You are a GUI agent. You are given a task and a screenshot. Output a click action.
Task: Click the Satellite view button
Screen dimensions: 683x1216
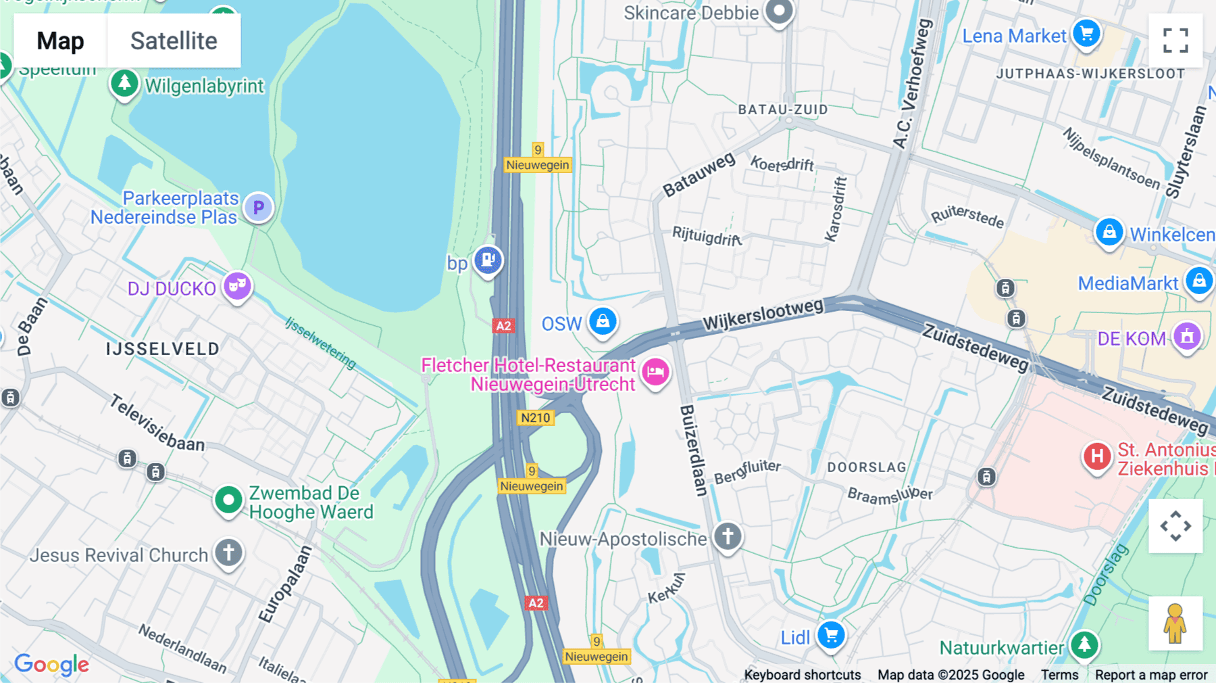174,41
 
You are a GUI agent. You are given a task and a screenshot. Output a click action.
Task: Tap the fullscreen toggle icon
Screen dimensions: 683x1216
1175,41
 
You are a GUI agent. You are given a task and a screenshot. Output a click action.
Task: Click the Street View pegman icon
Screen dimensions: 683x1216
1175,623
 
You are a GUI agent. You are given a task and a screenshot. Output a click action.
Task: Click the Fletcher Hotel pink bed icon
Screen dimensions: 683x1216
655,371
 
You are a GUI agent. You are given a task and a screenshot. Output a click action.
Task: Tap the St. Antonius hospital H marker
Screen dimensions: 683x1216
1097,456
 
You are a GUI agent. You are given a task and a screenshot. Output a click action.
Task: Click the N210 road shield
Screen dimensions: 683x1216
536,418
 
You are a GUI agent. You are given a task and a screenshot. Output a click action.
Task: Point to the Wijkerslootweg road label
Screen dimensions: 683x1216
763,314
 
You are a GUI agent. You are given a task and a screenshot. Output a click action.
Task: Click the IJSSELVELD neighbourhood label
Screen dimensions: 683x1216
163,349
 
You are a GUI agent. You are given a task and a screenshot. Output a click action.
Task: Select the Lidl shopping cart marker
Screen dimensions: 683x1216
831,635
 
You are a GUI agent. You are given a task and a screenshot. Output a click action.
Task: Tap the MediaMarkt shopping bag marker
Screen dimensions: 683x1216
1199,280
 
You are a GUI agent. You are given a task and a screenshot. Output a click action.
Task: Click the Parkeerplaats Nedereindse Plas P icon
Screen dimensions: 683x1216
258,208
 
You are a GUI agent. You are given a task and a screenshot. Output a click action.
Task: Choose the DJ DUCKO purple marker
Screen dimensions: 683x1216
237,286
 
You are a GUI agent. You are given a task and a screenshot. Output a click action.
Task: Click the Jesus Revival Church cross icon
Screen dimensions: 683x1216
228,552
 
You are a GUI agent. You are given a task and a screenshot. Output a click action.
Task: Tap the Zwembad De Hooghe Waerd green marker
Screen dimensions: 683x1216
228,500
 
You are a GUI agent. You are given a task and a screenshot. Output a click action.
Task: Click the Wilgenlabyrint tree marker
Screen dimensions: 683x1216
124,84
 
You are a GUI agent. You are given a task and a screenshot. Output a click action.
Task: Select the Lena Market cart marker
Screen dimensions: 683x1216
1086,32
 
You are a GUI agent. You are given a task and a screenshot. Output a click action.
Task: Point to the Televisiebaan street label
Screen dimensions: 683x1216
157,423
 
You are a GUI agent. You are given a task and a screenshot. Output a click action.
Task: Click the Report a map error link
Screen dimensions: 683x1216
1151,675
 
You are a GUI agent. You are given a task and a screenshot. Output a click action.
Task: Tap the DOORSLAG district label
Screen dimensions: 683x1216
867,467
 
